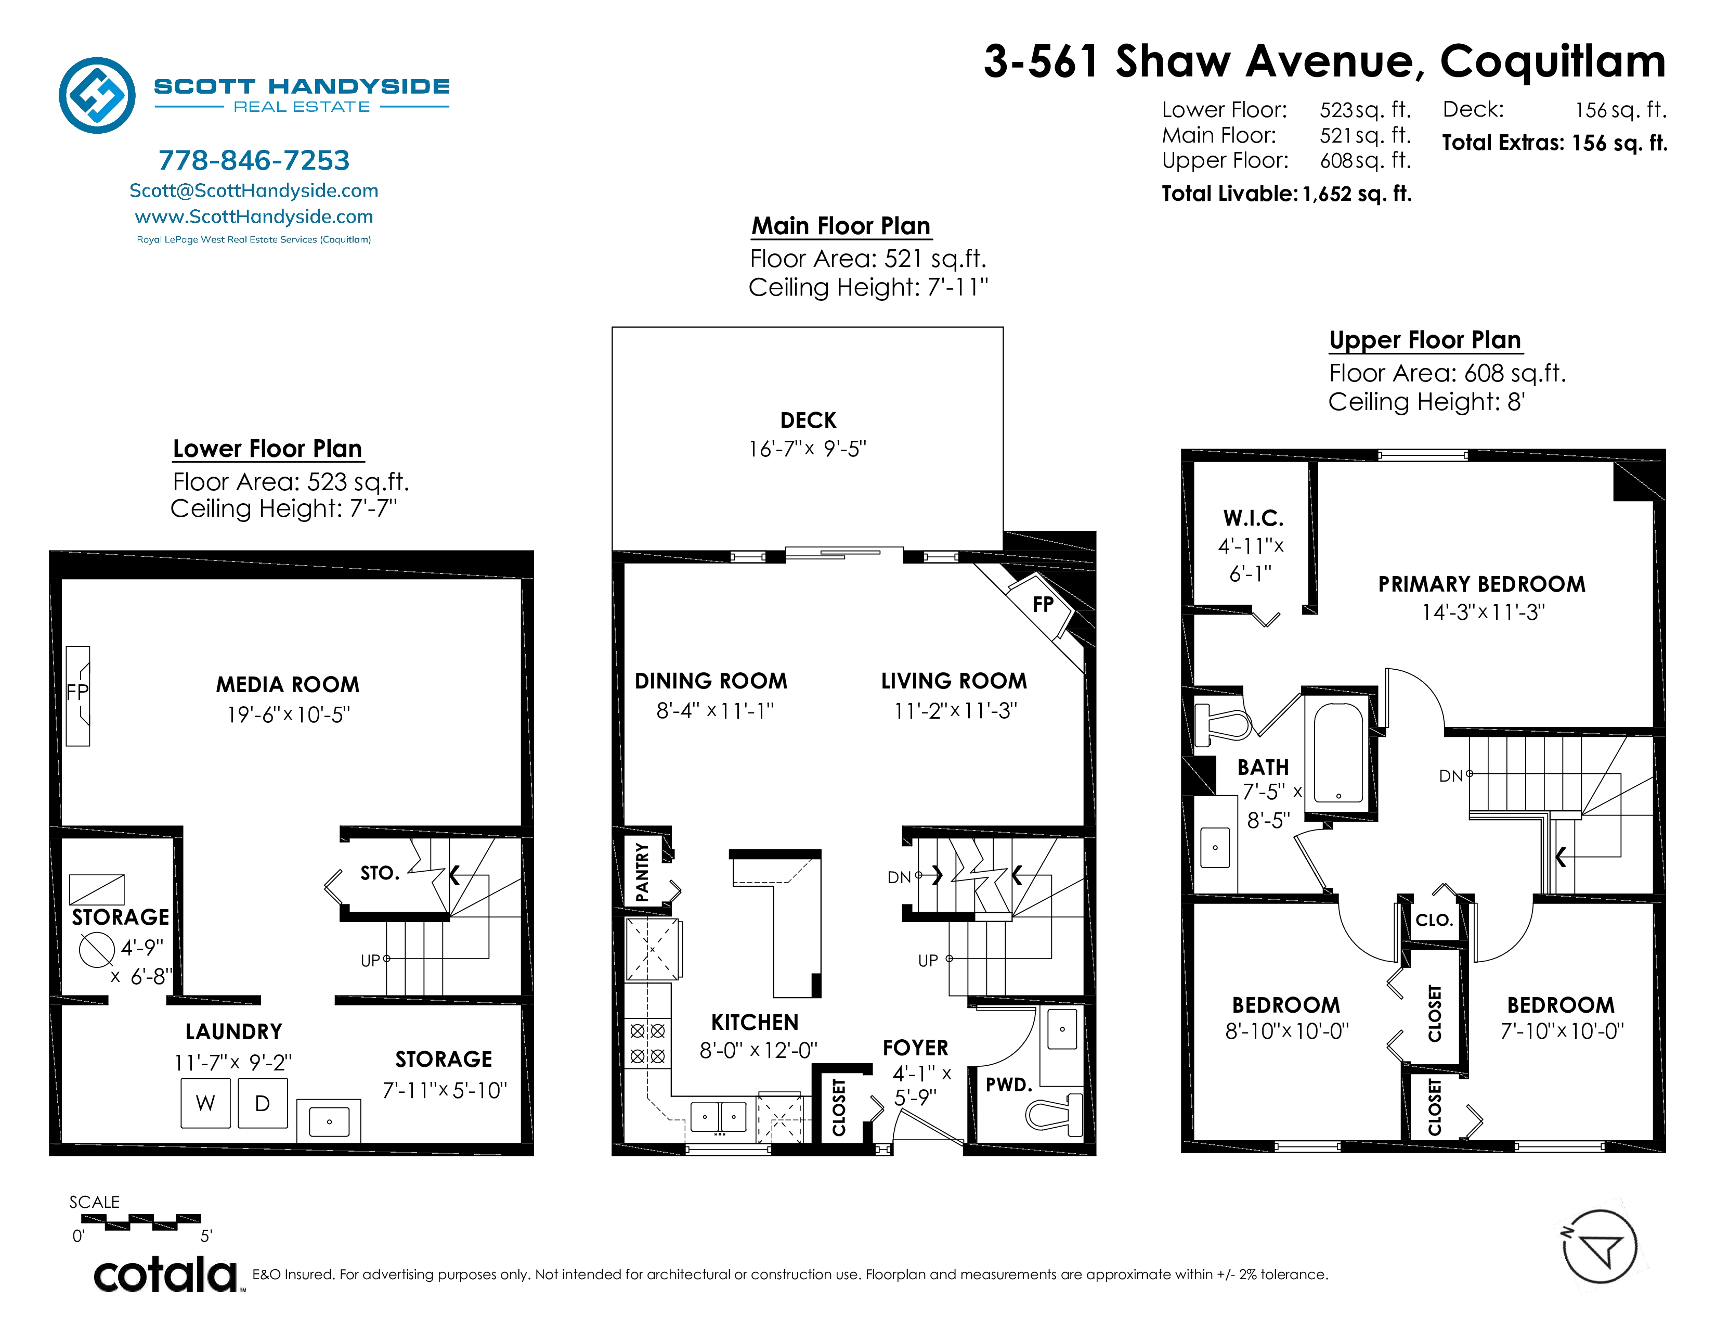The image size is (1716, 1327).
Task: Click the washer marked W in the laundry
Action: pyautogui.click(x=206, y=1103)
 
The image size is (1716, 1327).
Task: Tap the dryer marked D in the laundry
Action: pyautogui.click(x=263, y=1103)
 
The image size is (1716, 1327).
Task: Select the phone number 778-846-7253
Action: pyautogui.click(x=254, y=160)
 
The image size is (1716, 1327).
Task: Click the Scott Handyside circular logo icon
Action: pyautogui.click(x=97, y=95)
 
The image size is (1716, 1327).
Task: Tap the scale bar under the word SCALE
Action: pyautogui.click(x=141, y=1222)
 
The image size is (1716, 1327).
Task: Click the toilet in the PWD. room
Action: pyautogui.click(x=1054, y=1113)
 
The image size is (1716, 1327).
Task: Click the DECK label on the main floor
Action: pyautogui.click(x=808, y=420)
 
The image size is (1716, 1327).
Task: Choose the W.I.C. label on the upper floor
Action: pyautogui.click(x=1253, y=518)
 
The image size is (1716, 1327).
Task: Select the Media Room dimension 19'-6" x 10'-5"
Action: pyautogui.click(x=289, y=714)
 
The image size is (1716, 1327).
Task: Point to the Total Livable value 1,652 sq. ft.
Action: pyautogui.click(x=1357, y=194)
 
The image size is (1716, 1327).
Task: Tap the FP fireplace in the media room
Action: pyautogui.click(x=78, y=696)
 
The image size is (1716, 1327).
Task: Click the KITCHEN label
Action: pyautogui.click(x=755, y=1022)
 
